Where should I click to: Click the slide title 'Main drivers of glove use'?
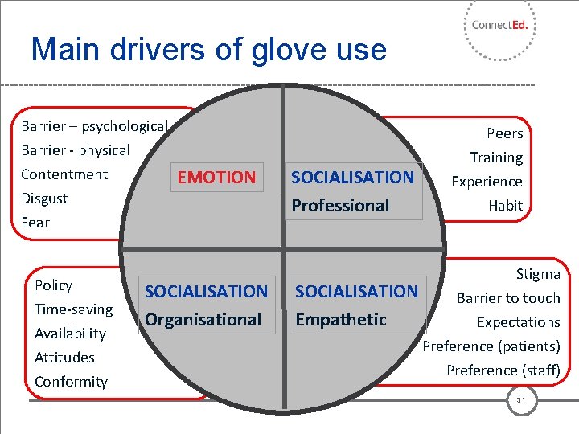(208, 50)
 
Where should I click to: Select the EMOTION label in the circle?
(216, 177)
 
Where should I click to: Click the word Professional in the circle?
(340, 206)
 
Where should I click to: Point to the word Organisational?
(203, 320)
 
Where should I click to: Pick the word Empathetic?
(341, 320)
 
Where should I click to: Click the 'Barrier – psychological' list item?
(93, 126)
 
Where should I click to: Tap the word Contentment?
(64, 174)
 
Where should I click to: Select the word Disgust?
(44, 199)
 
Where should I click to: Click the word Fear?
(35, 223)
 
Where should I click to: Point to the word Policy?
(53, 285)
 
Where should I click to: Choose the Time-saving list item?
(73, 309)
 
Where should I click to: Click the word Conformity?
(71, 382)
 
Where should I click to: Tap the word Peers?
(504, 133)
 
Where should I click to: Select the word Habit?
(505, 206)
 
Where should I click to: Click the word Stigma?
(538, 274)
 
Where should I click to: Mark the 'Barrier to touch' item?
(508, 298)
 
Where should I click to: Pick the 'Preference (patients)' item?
(491, 346)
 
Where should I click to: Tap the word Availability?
(70, 334)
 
